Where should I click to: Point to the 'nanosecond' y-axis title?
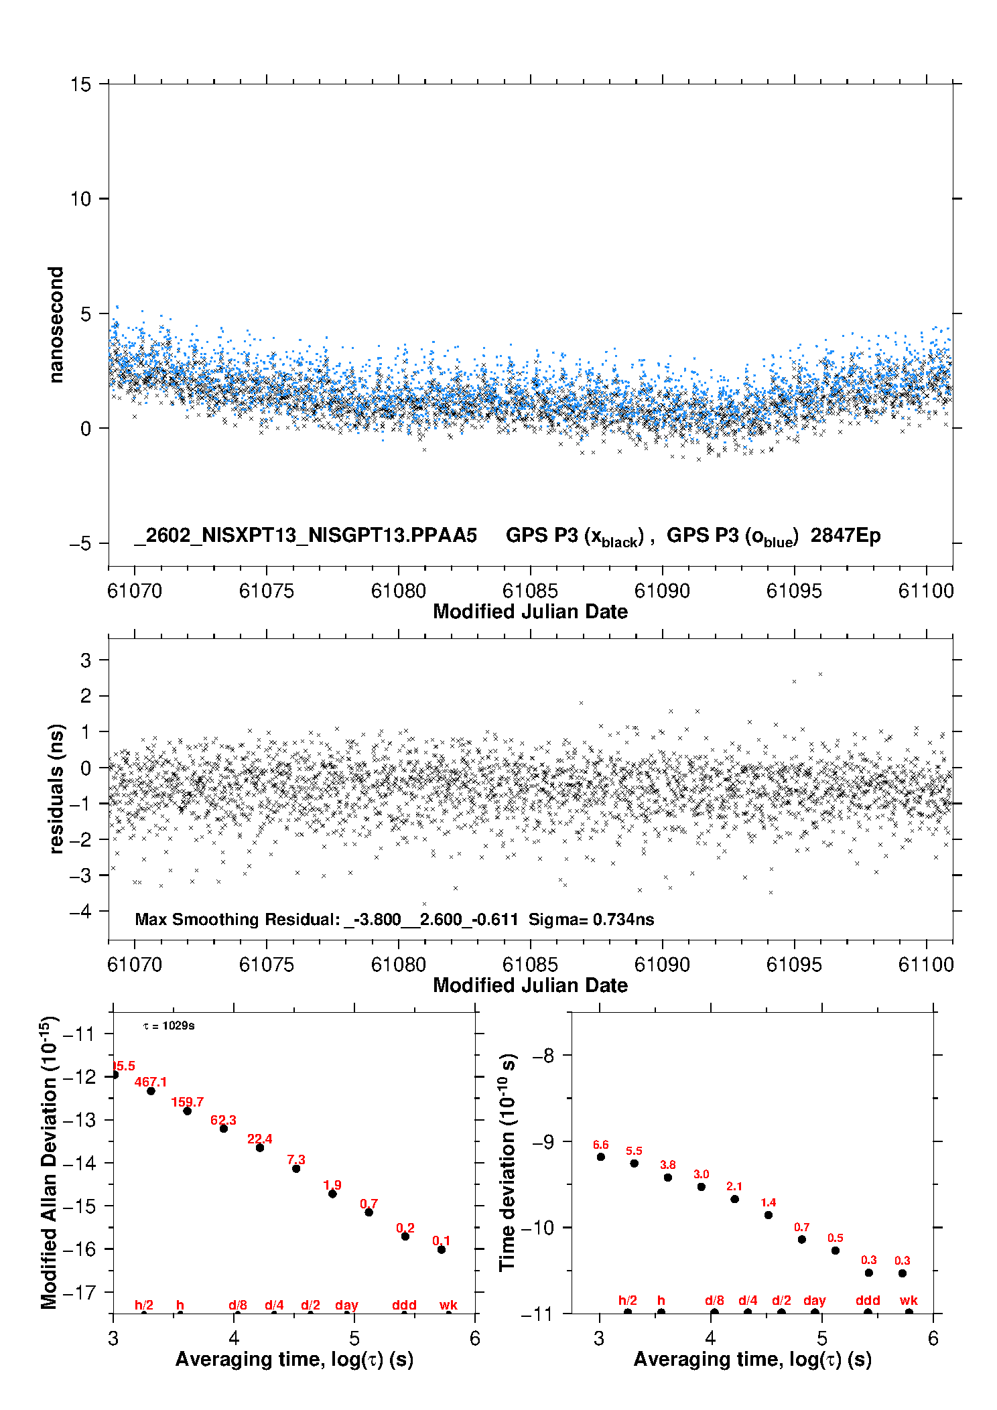click(56, 324)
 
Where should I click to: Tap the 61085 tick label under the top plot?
click(529, 591)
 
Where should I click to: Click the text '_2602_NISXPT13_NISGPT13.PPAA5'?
click(306, 535)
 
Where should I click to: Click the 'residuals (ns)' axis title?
click(56, 788)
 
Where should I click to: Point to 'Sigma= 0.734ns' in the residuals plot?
click(591, 919)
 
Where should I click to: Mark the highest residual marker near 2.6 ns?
click(820, 675)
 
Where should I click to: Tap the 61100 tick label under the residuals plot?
click(925, 965)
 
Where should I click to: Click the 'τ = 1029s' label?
click(169, 1026)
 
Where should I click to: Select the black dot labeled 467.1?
click(151, 1091)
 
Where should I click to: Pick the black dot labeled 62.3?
click(224, 1129)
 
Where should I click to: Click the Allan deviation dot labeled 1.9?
click(332, 1194)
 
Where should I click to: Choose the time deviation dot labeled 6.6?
click(601, 1157)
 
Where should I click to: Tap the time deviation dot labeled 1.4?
click(769, 1215)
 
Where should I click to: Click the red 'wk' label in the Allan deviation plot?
click(448, 1305)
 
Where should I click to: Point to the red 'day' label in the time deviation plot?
click(815, 1300)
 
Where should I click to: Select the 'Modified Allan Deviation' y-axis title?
click(49, 1162)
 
